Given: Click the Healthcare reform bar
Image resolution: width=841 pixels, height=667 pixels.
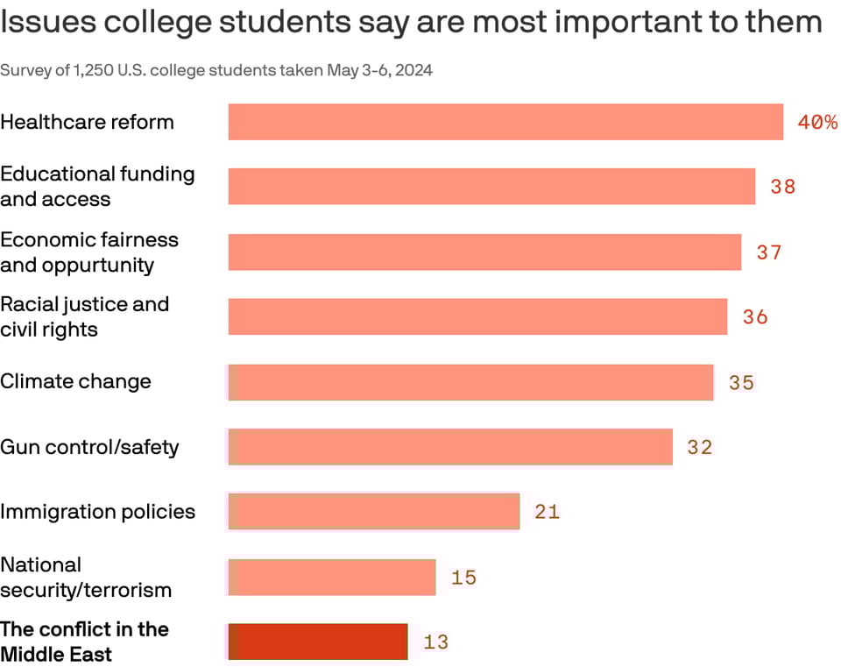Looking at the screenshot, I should pos(505,122).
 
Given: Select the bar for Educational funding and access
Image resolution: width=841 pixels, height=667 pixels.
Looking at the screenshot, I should pos(491,187).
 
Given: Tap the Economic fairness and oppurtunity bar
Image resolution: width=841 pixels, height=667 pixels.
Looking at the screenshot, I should pos(484,252).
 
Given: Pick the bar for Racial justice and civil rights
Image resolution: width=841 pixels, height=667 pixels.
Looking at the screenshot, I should pos(477,316).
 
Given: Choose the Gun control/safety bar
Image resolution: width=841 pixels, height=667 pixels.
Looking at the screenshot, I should pos(450,447).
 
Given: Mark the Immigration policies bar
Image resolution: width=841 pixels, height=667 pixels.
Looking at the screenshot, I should pos(374,512).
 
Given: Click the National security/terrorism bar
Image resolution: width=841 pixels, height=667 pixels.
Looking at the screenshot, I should pos(332,578).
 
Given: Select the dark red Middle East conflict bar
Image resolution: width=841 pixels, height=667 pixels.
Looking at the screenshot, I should pos(318,642).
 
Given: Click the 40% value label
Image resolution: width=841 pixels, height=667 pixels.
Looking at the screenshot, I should pos(816,123).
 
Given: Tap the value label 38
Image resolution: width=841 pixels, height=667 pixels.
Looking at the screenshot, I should pos(782,187).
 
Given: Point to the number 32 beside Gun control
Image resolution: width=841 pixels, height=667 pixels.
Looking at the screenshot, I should pos(699,448).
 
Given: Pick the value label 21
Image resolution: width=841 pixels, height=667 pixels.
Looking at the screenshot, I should pos(547,512).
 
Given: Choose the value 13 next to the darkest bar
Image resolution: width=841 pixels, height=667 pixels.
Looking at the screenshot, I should pos(435,642).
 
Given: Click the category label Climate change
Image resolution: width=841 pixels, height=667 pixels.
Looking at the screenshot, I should pos(75,381).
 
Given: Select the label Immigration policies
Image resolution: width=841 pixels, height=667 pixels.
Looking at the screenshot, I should pos(97,512).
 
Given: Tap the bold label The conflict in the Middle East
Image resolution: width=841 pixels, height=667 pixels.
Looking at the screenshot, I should pos(84,642).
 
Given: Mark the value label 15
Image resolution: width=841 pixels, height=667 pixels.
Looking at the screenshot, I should pos(463,578).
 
